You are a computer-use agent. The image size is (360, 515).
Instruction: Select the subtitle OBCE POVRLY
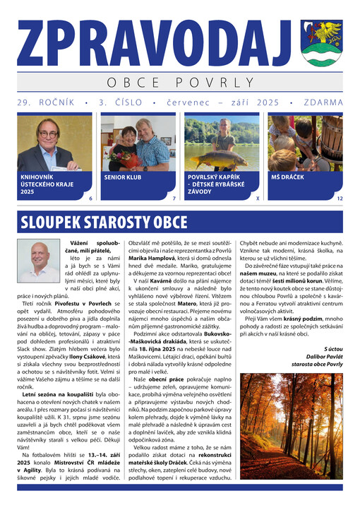[x=180, y=83]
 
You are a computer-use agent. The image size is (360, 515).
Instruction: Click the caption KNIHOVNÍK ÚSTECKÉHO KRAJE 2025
[x=42, y=184]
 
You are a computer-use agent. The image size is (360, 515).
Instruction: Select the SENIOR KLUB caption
[x=123, y=177]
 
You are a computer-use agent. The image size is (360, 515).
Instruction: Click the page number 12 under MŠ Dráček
[x=340, y=199]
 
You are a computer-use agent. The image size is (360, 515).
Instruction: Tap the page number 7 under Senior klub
[x=174, y=199]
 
